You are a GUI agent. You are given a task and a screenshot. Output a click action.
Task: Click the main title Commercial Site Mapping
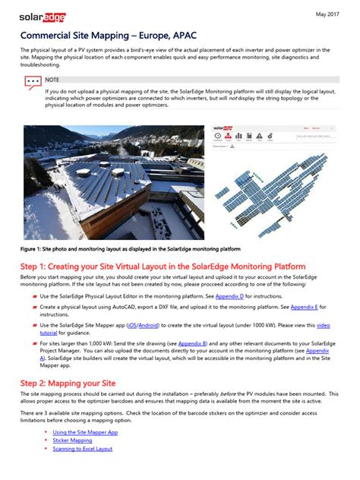pos(96,36)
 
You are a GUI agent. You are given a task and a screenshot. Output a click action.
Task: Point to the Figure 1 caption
pos(130,248)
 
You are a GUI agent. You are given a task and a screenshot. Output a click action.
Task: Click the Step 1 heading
pos(163,267)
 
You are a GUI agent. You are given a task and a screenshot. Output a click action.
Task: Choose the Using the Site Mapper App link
pos(85,432)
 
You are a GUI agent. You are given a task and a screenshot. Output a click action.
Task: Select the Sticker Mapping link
pos(72,441)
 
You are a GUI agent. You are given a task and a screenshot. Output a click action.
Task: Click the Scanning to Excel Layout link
pos(82,449)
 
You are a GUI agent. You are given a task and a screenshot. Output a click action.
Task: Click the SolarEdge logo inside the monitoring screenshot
pos(223,128)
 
